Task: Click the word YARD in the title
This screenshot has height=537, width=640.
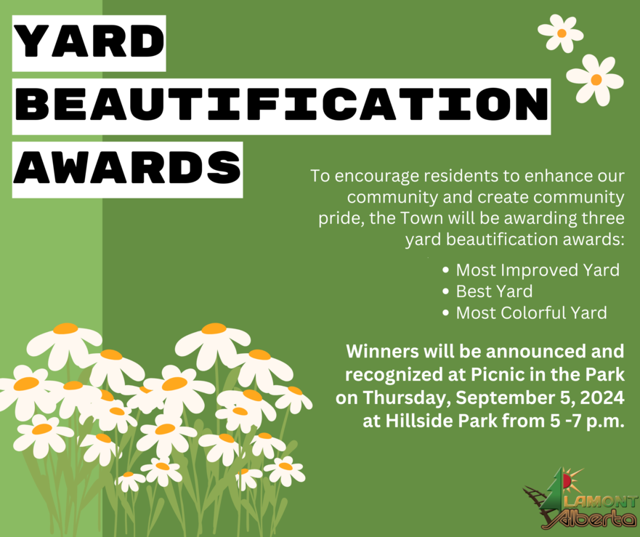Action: [x=89, y=42]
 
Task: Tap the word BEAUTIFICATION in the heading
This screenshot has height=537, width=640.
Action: [x=281, y=106]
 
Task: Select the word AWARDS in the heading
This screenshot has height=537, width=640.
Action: [x=127, y=169]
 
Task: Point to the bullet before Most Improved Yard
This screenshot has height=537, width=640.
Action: [x=446, y=270]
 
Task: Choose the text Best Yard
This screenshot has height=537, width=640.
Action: [x=494, y=291]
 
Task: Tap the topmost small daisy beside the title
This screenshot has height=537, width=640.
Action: [x=561, y=33]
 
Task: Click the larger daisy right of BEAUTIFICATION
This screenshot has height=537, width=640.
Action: [x=595, y=79]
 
